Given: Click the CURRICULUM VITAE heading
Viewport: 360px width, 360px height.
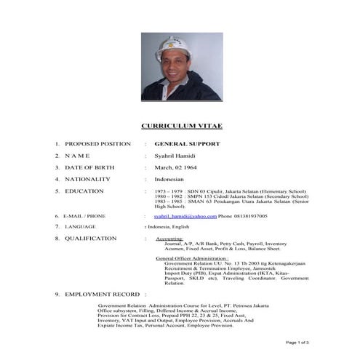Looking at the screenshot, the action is (x=181, y=126).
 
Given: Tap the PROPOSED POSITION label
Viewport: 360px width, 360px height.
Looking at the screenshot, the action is (x=97, y=144).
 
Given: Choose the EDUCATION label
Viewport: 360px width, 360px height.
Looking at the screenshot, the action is (x=84, y=191).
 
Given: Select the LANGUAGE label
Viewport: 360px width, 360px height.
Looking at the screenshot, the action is (x=81, y=227).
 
